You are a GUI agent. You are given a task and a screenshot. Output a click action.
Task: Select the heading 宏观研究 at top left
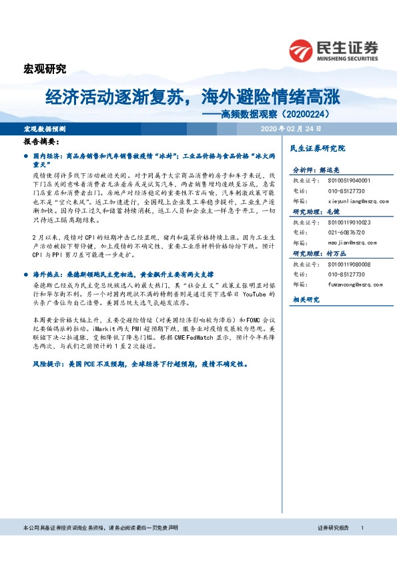45,69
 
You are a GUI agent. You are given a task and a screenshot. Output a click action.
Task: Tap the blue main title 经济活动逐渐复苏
110,98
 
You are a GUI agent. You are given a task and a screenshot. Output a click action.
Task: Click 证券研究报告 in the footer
333,527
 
